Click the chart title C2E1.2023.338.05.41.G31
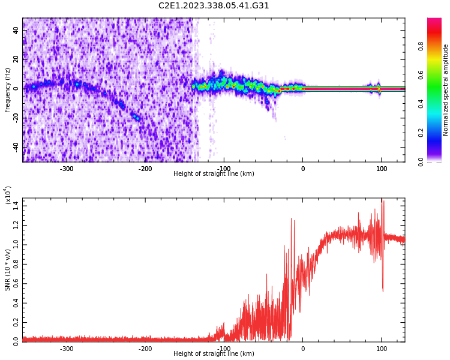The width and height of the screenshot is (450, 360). coord(214,6)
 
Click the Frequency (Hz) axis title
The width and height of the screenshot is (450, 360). coord(8,90)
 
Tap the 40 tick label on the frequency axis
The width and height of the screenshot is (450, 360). coord(16,31)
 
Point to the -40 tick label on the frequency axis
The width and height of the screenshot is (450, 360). coord(14,146)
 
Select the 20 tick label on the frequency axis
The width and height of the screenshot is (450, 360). coord(16,59)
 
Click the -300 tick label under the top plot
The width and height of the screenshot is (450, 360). coord(66,169)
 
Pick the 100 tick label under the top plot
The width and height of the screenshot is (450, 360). coord(382,169)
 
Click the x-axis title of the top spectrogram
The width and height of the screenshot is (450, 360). coord(214,174)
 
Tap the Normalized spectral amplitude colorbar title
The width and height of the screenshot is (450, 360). coord(446,90)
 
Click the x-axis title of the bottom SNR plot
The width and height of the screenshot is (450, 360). coord(214,354)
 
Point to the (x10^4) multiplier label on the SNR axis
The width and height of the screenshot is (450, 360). coord(8,196)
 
